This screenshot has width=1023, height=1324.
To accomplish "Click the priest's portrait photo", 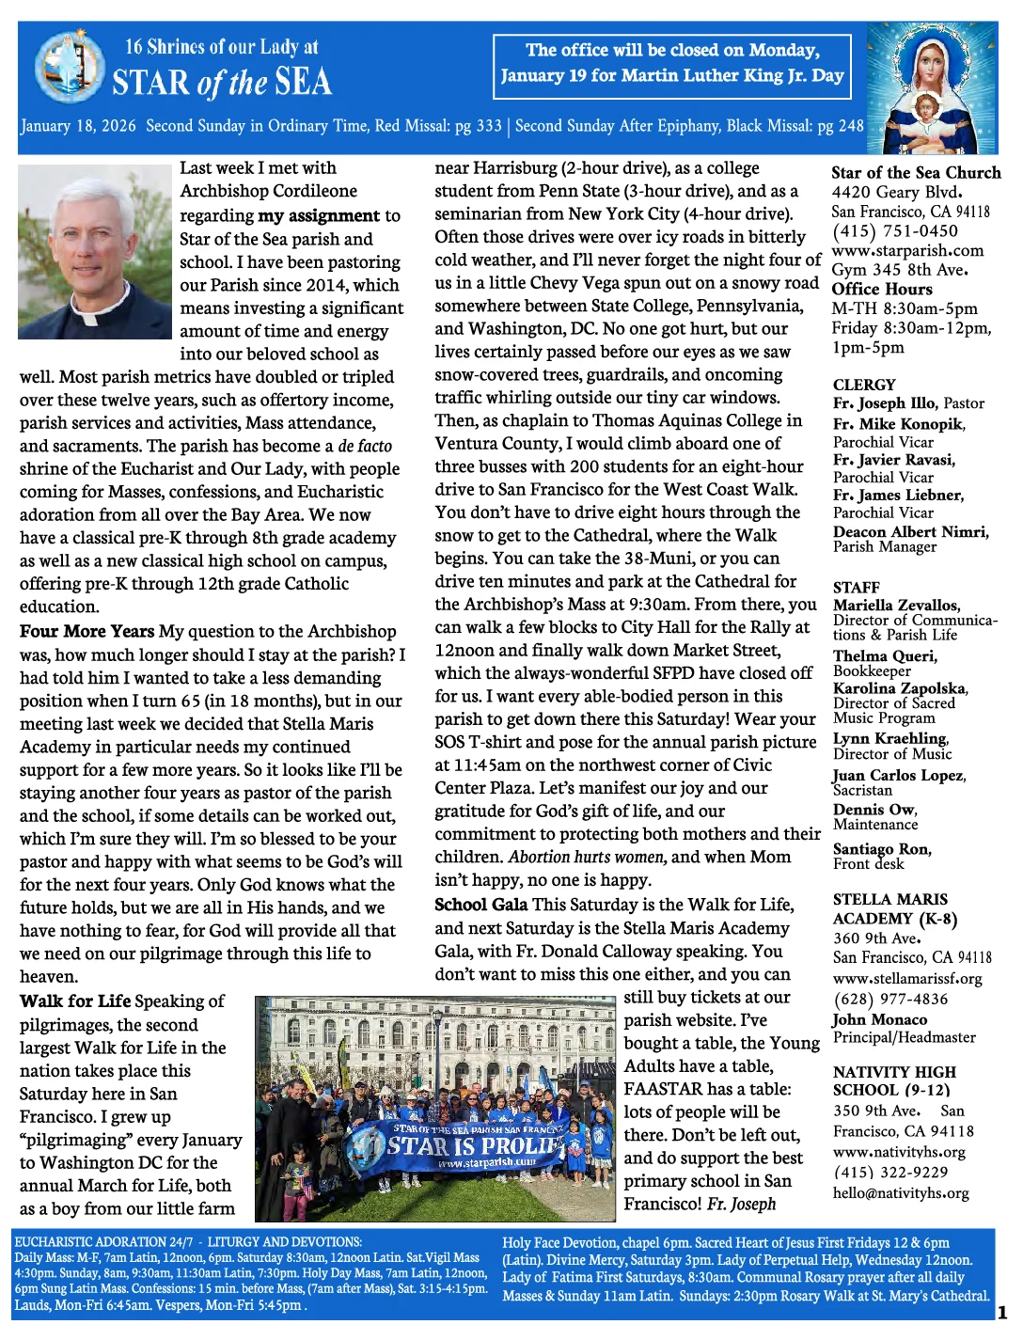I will click(95, 251).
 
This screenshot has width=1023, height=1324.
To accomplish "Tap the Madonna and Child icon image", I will click(930, 87).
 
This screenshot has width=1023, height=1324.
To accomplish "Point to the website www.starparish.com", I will click(907, 250).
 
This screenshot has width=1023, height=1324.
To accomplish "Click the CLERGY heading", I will click(864, 385).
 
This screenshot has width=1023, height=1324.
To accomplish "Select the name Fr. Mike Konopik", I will click(897, 424).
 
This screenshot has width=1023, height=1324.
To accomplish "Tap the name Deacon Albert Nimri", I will click(910, 531).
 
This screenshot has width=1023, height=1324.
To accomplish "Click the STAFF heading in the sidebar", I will click(856, 587).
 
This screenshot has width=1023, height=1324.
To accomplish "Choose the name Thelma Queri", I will click(884, 655).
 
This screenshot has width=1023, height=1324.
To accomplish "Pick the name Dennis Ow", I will click(874, 810).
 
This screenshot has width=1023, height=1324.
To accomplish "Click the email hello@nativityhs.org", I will click(900, 1192).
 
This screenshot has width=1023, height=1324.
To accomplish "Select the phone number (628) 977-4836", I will click(889, 999).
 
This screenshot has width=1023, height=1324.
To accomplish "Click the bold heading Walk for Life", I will click(75, 1001).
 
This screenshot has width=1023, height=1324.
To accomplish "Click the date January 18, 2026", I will click(78, 126).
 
